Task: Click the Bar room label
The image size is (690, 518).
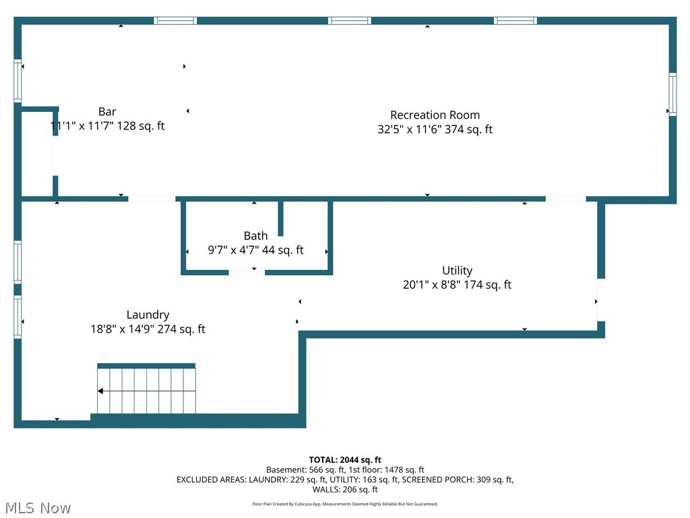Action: tap(107, 112)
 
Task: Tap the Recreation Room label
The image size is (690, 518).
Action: tap(435, 115)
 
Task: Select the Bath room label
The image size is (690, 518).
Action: tap(255, 236)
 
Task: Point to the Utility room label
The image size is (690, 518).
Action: tap(457, 270)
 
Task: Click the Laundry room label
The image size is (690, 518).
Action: tap(148, 315)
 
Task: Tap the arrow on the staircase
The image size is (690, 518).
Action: tap(101, 391)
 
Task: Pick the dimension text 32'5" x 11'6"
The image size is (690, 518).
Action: tap(409, 129)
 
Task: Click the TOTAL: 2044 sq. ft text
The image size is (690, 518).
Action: tap(345, 460)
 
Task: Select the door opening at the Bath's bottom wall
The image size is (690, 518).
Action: tap(247, 272)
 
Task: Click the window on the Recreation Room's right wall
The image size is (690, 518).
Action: tap(672, 94)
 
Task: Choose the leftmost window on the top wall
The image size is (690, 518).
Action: tap(175, 21)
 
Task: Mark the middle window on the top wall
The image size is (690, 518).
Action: tap(349, 21)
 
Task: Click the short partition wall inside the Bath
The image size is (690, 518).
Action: tap(280, 218)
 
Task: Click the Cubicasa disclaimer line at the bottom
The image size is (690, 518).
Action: tap(345, 504)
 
